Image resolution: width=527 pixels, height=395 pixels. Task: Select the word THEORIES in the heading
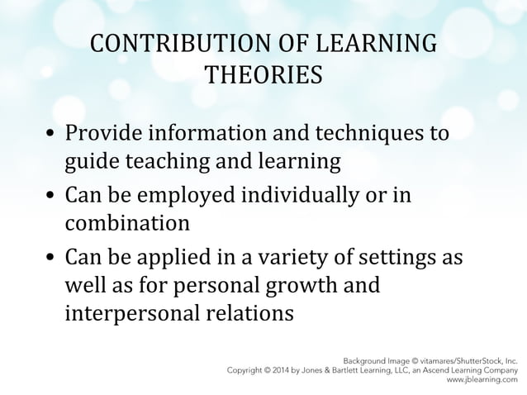coord(263,75)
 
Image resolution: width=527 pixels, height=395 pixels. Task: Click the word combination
coord(127,224)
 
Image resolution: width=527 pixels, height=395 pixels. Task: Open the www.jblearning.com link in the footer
coord(482,381)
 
